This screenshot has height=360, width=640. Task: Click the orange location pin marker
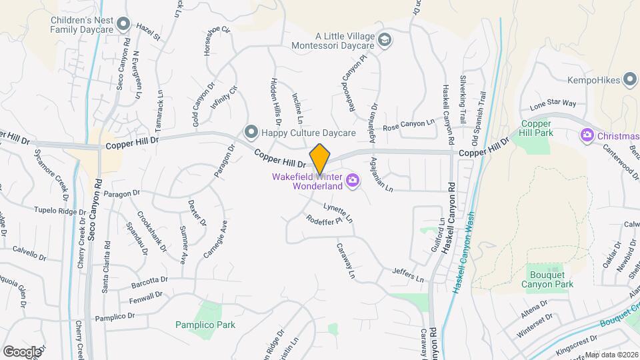(320, 159)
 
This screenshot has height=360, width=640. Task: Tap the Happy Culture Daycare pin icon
(251, 132)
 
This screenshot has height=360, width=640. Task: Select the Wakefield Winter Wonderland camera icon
(352, 180)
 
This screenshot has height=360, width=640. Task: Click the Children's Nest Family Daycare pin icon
(123, 25)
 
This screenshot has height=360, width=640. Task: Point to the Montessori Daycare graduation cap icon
(384, 40)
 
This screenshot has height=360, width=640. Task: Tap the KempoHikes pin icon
(629, 81)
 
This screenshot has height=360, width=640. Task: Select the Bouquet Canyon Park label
(551, 279)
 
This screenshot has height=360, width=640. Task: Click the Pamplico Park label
(205, 325)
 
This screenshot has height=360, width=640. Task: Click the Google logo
(22, 351)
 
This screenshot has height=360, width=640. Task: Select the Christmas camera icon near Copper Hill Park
(587, 135)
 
